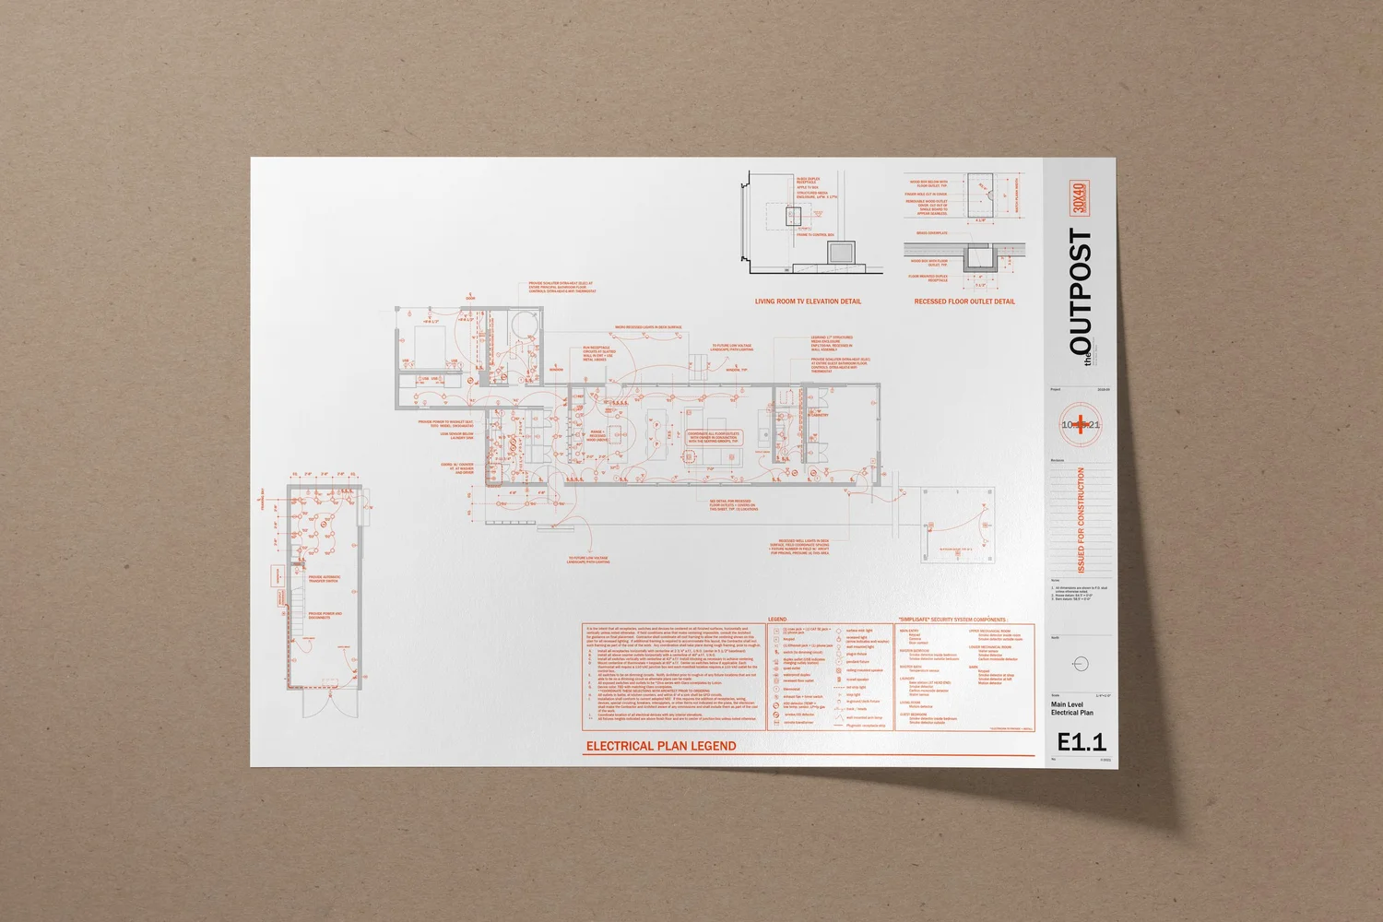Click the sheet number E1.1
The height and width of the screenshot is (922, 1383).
[x=1081, y=741]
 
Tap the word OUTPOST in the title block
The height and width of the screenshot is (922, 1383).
[x=1081, y=291]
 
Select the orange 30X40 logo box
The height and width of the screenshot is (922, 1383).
[x=1080, y=197]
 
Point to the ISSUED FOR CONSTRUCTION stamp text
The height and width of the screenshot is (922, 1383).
[x=1082, y=520]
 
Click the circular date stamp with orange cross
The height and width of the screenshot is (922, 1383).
[x=1080, y=425]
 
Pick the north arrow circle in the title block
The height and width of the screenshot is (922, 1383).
[x=1081, y=664]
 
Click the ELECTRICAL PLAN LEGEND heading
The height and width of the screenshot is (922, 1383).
[x=661, y=746]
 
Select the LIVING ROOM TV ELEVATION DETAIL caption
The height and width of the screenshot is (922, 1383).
[x=808, y=301]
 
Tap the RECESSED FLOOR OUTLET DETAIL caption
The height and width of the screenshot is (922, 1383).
[x=964, y=301]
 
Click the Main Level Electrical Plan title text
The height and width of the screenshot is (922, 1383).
[x=1071, y=708]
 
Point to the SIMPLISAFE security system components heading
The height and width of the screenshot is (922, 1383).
[x=952, y=620]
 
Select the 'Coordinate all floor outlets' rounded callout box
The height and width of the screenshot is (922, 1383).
[x=714, y=437]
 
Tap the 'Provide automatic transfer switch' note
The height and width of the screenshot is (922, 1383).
[x=325, y=579]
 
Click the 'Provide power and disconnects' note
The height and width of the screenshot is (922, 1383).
[x=325, y=615]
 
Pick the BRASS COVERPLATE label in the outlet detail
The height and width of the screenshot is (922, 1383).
[x=931, y=233]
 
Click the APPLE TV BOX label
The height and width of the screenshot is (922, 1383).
[x=808, y=187]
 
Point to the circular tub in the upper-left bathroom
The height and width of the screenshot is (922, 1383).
[x=524, y=325]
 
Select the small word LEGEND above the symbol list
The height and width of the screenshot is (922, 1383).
[x=777, y=620]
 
